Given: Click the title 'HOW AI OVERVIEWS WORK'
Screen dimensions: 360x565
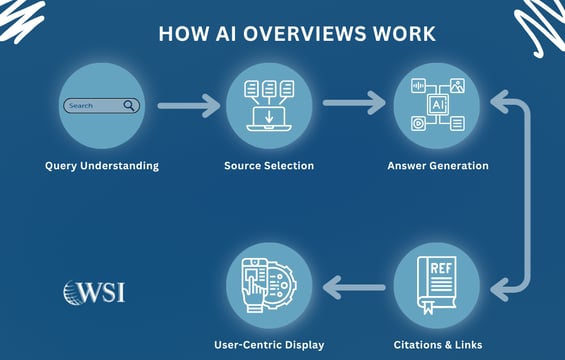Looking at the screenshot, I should (x=297, y=34).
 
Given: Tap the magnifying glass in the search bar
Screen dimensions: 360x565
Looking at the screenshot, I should (x=129, y=105).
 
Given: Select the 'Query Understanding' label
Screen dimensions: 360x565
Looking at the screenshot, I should (x=102, y=165).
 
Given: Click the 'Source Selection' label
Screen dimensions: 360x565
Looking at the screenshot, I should (x=269, y=165).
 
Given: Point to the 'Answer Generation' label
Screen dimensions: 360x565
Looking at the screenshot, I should (x=438, y=165).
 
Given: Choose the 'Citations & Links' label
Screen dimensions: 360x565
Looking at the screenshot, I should (x=438, y=345).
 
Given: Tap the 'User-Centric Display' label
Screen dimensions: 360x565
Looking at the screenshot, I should (x=269, y=345).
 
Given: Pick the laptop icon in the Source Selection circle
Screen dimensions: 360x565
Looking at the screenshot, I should (x=269, y=117).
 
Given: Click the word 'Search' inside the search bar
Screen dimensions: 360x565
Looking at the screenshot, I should (x=82, y=105).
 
